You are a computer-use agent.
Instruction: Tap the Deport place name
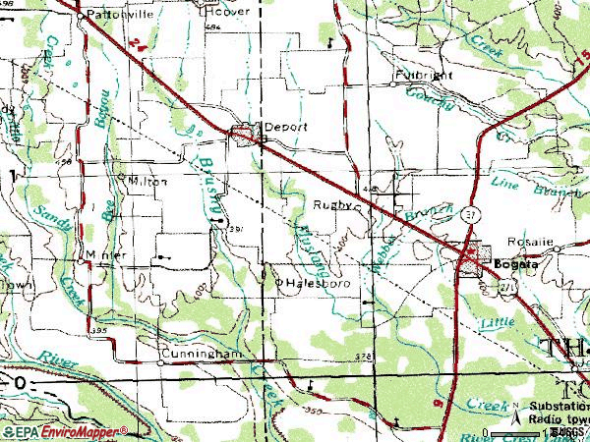tap(278, 127)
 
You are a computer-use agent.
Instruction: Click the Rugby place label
tap(331, 205)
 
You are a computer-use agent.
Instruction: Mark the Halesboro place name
tap(304, 282)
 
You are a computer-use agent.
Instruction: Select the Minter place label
tap(106, 254)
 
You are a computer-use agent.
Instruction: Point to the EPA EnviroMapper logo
tap(64, 431)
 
